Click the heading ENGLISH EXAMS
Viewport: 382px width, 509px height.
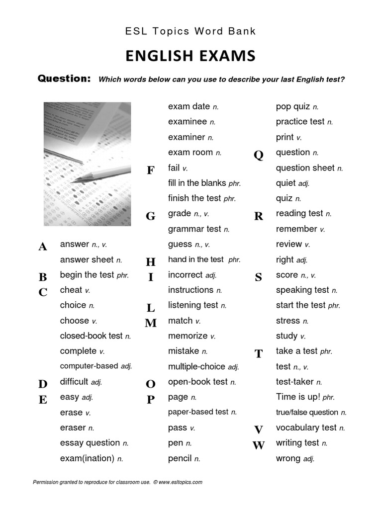click(191, 56)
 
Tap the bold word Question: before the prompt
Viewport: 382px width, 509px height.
click(64, 79)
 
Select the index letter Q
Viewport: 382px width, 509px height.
click(258, 155)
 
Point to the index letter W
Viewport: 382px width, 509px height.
click(258, 445)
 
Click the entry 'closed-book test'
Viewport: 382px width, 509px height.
click(91, 336)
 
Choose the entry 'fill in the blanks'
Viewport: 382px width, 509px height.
click(197, 183)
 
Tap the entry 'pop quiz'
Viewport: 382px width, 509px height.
click(293, 106)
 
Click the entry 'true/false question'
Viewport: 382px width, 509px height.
click(307, 412)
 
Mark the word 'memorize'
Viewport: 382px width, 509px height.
click(188, 336)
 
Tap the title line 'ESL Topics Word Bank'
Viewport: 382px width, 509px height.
click(191, 31)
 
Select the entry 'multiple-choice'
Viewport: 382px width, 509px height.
click(197, 367)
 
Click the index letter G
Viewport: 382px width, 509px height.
click(150, 216)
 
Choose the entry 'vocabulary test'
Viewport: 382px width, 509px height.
click(306, 427)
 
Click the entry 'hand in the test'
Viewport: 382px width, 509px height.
click(196, 259)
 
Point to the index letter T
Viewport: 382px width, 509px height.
click(258, 354)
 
